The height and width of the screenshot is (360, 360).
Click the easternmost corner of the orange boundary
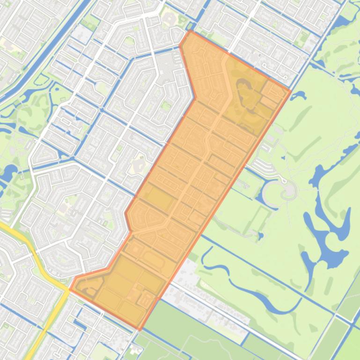290,91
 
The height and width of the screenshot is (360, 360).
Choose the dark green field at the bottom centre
187,327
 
